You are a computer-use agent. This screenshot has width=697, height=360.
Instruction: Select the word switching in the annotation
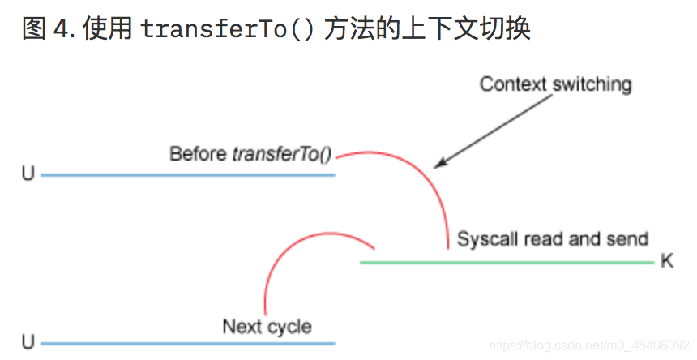tap(592, 84)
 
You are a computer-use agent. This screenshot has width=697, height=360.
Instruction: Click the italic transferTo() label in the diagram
tap(282, 153)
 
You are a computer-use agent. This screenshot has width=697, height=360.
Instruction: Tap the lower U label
tap(28, 344)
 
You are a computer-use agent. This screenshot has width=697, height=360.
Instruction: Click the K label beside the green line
tap(667, 262)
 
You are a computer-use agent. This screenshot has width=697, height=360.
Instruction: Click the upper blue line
tap(186, 174)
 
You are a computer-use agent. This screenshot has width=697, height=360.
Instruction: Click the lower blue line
tap(186, 344)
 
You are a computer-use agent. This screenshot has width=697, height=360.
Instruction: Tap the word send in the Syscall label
tap(631, 238)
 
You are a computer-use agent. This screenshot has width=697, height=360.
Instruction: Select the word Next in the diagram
tap(242, 327)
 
